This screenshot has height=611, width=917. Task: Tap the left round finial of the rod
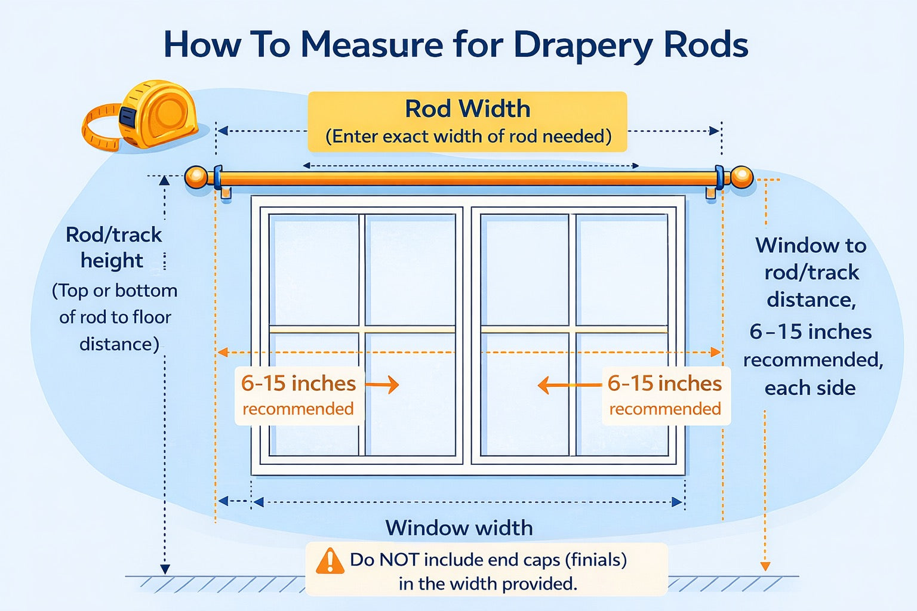(196, 177)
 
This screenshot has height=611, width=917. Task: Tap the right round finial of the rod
(742, 177)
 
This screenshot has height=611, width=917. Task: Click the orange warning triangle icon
(330, 561)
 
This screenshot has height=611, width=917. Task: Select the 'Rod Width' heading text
(467, 109)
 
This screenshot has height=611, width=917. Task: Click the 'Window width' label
(458, 528)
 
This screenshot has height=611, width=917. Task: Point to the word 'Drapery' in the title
(582, 45)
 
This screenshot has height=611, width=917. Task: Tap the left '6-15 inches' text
(299, 383)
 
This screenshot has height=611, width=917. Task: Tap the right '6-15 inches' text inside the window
(664, 383)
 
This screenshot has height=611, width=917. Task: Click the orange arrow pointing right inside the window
(383, 385)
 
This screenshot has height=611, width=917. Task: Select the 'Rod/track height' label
(113, 247)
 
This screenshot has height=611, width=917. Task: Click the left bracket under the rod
(226, 193)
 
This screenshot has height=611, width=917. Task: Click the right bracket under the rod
(711, 193)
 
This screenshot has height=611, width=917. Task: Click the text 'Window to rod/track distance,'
(811, 272)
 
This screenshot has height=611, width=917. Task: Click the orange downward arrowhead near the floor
(765, 566)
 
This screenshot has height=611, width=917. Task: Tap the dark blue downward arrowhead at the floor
(165, 569)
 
